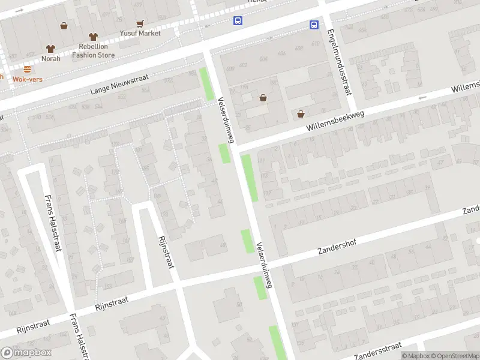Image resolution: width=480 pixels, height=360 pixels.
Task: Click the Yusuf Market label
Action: tap(140, 33)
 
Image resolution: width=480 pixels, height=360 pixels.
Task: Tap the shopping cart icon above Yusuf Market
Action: tap(140, 24)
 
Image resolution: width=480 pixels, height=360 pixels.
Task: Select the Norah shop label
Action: tap(50, 58)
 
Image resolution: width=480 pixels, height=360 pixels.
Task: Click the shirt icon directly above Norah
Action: tap(50, 49)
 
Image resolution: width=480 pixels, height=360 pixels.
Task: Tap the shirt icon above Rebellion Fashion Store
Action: tap(92, 37)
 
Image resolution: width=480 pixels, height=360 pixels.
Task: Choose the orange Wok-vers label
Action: tap(27, 79)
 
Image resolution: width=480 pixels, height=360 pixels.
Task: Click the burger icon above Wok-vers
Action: tap(28, 69)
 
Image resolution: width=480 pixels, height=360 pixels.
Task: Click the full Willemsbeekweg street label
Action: tap(335, 119)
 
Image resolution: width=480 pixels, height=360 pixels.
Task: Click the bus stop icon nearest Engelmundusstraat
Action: tap(314, 25)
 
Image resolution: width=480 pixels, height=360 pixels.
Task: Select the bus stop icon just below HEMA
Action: tap(238, 21)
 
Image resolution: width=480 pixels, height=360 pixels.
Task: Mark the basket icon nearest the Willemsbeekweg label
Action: tap(301, 113)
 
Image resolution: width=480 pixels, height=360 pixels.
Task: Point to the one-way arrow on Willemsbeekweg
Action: tap(422, 98)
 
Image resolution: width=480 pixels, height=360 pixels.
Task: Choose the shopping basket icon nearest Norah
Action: tap(64, 26)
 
